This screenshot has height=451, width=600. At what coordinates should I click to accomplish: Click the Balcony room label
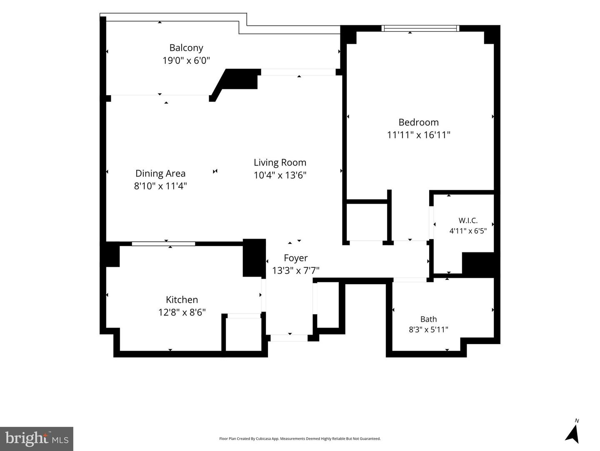pyautogui.click(x=186, y=48)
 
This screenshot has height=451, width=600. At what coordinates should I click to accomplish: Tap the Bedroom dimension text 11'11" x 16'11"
pyautogui.click(x=418, y=135)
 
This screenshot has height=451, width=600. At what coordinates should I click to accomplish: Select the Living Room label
pyautogui.click(x=280, y=163)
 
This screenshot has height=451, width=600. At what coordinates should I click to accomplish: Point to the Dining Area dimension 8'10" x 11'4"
pyautogui.click(x=160, y=186)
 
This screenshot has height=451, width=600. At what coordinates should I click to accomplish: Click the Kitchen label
pyautogui.click(x=182, y=300)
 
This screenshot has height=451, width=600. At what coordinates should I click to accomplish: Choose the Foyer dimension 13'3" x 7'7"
pyautogui.click(x=295, y=271)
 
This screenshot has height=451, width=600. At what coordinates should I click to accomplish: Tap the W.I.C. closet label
pyautogui.click(x=468, y=220)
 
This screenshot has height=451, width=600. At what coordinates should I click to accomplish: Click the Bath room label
pyautogui.click(x=428, y=319)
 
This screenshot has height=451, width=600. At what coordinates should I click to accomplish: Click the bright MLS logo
pyautogui.click(x=37, y=438)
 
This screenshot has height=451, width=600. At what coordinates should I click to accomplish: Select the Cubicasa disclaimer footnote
pyautogui.click(x=300, y=438)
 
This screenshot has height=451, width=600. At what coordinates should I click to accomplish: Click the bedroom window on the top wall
pyautogui.click(x=420, y=28)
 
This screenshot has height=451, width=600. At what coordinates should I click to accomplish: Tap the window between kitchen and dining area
pyautogui.click(x=163, y=244)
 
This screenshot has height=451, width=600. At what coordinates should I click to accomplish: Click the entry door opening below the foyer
pyautogui.click(x=289, y=338)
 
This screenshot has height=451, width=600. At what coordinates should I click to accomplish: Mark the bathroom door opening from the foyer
pyautogui.click(x=410, y=280)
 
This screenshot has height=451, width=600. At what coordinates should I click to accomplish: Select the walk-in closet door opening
pyautogui.click(x=431, y=222)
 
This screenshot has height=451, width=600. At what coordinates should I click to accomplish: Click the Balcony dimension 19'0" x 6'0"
pyautogui.click(x=186, y=60)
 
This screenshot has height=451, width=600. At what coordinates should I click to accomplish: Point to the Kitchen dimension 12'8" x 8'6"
pyautogui.click(x=182, y=312)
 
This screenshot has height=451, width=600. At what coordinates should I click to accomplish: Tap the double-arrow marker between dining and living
pyautogui.click(x=215, y=171)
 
